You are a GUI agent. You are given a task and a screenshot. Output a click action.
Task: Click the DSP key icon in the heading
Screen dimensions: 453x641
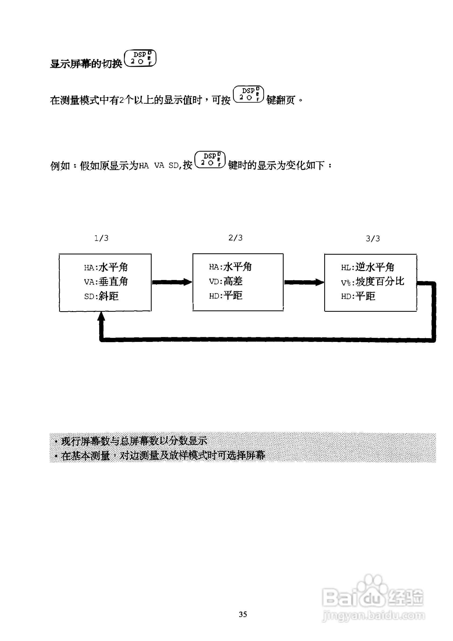click(140, 58)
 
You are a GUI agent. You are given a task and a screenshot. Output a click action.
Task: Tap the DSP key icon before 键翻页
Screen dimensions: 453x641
click(248, 94)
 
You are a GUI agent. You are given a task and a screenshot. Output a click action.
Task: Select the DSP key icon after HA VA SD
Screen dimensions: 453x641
click(210, 159)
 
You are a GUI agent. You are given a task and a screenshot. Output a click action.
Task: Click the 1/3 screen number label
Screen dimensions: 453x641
click(101, 238)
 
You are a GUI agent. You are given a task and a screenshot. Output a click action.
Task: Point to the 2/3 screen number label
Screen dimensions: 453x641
click(236, 238)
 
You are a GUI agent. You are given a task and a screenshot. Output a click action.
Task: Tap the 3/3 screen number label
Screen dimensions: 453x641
click(373, 239)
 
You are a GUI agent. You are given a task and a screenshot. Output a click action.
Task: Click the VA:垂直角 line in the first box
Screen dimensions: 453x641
click(106, 282)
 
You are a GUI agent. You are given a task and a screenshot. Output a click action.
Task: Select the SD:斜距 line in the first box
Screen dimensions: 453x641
click(101, 296)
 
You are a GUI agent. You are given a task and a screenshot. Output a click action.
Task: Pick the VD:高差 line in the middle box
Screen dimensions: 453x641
click(226, 281)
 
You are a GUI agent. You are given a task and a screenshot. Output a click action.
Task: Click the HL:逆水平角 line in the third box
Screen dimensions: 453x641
click(367, 267)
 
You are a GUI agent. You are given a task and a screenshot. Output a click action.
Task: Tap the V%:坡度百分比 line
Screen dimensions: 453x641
click(372, 282)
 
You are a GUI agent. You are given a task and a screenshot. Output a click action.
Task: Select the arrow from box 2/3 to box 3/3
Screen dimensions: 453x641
click(304, 282)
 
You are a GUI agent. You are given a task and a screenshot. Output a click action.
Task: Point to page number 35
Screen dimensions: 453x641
click(243, 614)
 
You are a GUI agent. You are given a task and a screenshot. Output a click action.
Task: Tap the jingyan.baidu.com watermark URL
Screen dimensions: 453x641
click(373, 615)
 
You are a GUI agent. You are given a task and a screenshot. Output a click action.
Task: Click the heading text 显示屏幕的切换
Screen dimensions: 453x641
click(86, 64)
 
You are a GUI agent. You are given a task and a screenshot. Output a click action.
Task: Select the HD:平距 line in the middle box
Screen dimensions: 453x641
click(226, 296)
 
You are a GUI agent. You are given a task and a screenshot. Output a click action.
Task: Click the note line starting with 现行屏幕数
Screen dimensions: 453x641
click(134, 441)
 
